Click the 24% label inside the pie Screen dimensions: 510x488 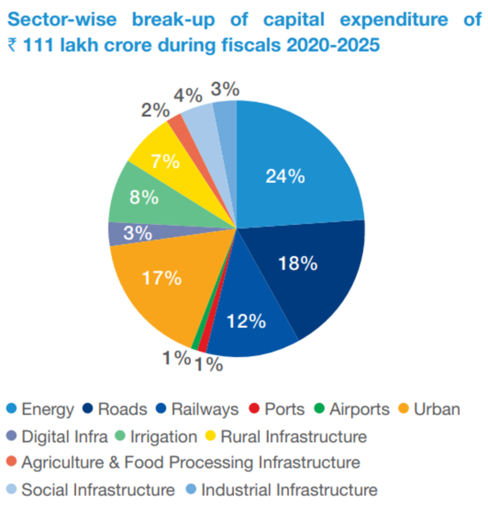pyautogui.click(x=285, y=176)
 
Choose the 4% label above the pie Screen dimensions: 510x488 pyautogui.click(x=187, y=96)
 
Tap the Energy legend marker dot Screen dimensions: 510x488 pyautogui.click(x=12, y=409)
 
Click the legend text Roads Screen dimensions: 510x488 pyautogui.click(x=122, y=409)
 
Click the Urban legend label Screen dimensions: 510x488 pyautogui.click(x=436, y=409)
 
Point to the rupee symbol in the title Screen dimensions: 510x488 pyautogui.click(x=12, y=46)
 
